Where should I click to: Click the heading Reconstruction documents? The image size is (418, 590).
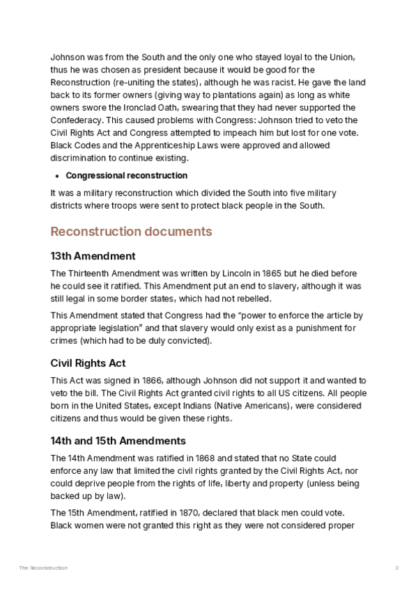(131, 231)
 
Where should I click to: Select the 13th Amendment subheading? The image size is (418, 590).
(93, 256)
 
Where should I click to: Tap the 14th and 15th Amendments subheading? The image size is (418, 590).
(118, 440)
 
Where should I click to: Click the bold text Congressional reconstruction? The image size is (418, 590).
(126, 175)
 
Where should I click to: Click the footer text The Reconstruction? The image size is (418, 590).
(43, 568)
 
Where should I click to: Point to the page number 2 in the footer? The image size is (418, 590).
(397, 568)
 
